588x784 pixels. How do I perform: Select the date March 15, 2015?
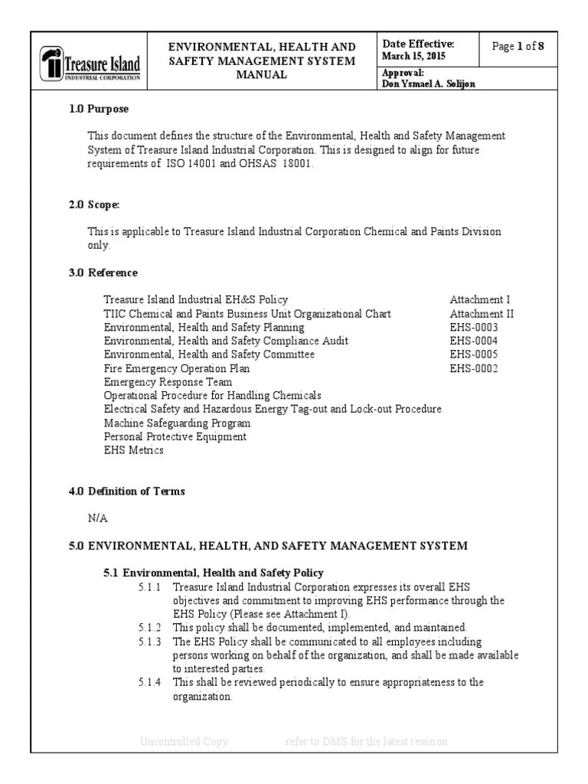click(x=413, y=57)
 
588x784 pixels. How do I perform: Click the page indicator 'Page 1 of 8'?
click(x=518, y=47)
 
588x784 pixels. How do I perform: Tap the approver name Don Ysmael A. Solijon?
click(x=428, y=83)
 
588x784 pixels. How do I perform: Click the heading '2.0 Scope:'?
click(x=95, y=205)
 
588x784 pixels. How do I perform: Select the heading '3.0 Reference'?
click(x=103, y=273)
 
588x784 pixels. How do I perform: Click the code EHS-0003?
click(x=474, y=328)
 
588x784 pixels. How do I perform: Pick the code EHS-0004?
click(x=474, y=341)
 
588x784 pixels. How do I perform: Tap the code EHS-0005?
click(x=474, y=354)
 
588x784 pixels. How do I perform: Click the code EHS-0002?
click(x=474, y=368)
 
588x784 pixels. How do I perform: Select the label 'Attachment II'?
click(x=482, y=314)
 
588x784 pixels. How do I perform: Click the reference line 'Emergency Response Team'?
click(x=168, y=382)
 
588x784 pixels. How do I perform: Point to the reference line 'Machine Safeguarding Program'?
click(x=177, y=423)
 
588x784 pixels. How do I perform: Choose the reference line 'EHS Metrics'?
click(x=133, y=450)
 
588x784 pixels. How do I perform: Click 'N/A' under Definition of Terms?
click(x=98, y=518)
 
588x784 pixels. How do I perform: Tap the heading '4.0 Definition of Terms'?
click(x=127, y=491)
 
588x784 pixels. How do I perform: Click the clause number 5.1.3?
click(x=149, y=642)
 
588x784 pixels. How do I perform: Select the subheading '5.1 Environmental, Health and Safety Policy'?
click(x=214, y=573)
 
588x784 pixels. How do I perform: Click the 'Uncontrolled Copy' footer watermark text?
click(x=185, y=741)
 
